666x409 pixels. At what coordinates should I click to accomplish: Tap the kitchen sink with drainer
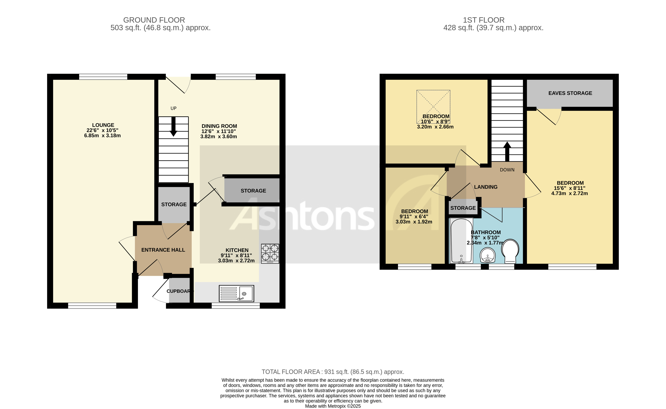click(236, 293)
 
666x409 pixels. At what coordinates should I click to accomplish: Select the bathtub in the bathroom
click(461, 240)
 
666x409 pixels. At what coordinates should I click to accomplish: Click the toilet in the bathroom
click(510, 250)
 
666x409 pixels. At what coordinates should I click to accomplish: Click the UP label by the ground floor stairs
click(173, 108)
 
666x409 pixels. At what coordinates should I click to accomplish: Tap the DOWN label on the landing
click(507, 170)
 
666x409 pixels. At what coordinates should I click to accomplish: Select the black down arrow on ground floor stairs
click(173, 127)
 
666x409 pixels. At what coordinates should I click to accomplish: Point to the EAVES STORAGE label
click(570, 93)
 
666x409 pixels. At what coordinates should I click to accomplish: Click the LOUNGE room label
click(103, 125)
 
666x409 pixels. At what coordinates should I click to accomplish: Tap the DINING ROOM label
click(219, 126)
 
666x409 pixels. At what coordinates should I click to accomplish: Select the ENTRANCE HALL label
click(163, 250)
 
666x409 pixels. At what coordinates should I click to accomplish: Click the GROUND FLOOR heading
click(154, 20)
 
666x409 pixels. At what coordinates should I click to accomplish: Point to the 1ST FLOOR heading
click(484, 20)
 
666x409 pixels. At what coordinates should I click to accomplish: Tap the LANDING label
click(486, 187)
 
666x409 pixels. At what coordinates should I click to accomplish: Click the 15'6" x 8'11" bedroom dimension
click(570, 188)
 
